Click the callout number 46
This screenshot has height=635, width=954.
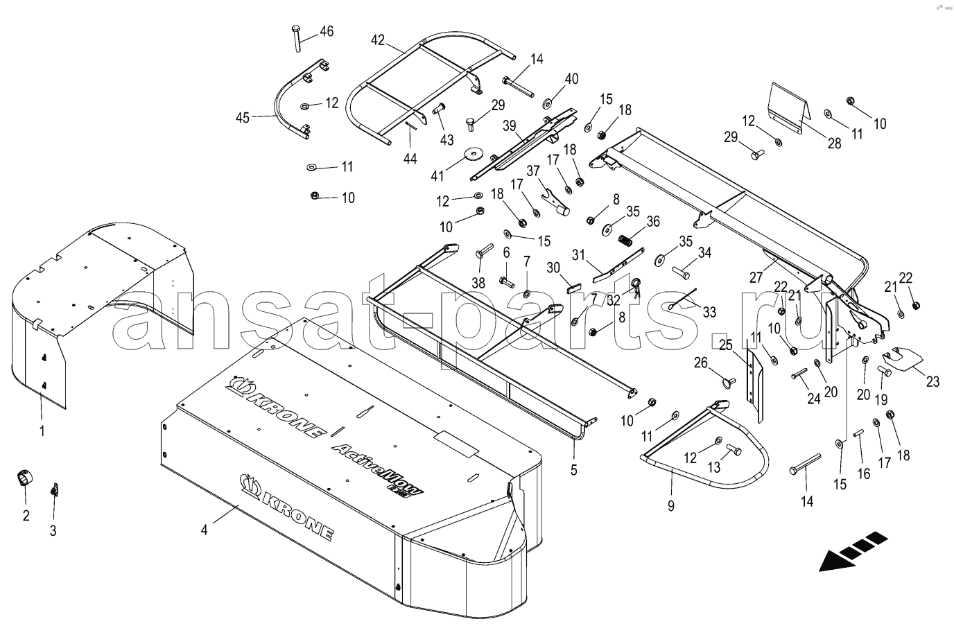pyautogui.click(x=325, y=31)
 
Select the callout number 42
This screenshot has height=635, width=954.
pyautogui.click(x=377, y=40)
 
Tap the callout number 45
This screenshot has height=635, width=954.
pyautogui.click(x=242, y=117)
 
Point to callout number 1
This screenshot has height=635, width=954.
pyautogui.click(x=42, y=431)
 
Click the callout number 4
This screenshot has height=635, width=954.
pyautogui.click(x=204, y=530)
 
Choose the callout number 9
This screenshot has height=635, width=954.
pyautogui.click(x=670, y=505)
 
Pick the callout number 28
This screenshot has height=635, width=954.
pyautogui.click(x=834, y=143)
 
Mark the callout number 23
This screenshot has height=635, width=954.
pyautogui.click(x=933, y=381)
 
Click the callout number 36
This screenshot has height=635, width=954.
pyautogui.click(x=652, y=222)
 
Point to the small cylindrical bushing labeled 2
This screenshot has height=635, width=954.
pyautogui.click(x=24, y=478)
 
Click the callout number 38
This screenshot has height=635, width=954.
pyautogui.click(x=478, y=282)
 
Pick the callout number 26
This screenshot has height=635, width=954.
pyautogui.click(x=702, y=362)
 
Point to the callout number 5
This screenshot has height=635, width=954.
pyautogui.click(x=573, y=469)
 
